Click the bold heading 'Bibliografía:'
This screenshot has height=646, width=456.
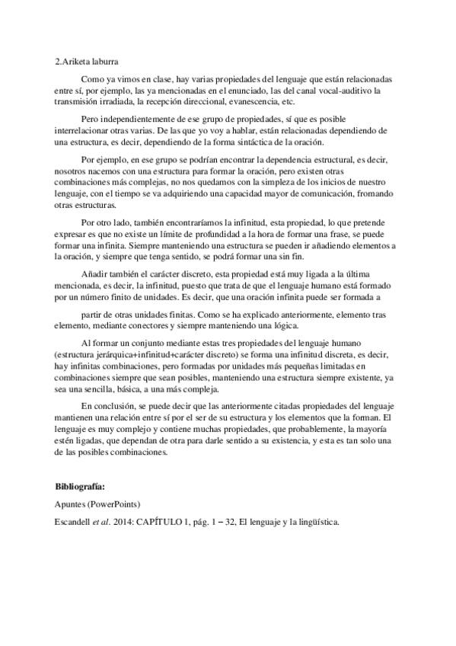(x=80, y=485)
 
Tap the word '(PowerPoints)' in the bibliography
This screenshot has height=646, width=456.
(x=118, y=504)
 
